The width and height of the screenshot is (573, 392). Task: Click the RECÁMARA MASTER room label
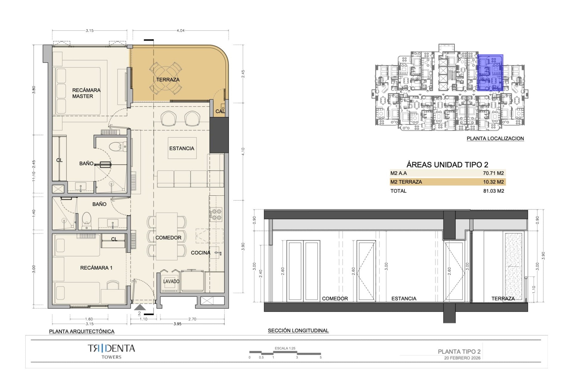click(86, 93)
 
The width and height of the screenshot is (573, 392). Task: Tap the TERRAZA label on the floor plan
click(168, 80)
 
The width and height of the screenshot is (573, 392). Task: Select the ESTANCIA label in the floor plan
click(182, 148)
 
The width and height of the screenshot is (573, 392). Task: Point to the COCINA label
click(201, 253)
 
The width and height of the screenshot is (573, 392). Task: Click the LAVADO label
click(171, 281)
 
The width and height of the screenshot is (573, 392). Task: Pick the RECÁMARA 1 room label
click(96, 268)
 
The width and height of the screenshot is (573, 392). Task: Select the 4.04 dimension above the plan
click(181, 30)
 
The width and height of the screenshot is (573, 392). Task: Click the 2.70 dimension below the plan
click(192, 319)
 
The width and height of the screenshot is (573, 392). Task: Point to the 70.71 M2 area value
click(493, 173)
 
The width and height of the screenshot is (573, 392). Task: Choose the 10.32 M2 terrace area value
click(493, 182)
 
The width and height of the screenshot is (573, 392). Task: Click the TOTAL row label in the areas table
click(398, 191)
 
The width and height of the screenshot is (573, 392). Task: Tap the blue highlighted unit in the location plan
click(490, 72)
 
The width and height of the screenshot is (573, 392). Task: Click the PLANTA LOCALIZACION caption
click(495, 138)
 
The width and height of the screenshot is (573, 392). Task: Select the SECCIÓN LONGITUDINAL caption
click(298, 331)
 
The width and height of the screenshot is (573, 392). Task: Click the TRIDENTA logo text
click(111, 348)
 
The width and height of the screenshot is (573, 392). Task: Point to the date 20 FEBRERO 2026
click(462, 358)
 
